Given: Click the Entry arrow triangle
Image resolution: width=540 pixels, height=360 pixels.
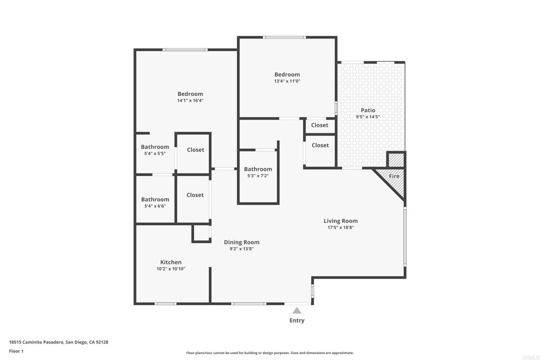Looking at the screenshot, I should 297,311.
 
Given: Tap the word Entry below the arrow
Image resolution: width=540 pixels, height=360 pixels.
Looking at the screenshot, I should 297,320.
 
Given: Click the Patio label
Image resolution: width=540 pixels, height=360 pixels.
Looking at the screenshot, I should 368,110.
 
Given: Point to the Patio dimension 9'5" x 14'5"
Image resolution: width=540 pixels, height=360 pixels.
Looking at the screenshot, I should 368,117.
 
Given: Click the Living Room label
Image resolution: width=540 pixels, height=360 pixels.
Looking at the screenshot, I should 341,221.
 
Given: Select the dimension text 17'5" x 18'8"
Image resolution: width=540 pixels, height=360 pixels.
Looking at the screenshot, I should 341,228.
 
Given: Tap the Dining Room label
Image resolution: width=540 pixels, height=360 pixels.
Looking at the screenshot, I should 242,242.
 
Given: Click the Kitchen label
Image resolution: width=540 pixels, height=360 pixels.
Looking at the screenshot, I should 171,262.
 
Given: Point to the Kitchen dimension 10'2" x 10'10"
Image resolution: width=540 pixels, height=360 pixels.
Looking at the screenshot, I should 171,269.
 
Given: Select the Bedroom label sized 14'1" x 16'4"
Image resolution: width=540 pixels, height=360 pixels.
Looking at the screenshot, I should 190,94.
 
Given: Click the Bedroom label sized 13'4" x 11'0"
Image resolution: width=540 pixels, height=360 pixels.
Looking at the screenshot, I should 287,74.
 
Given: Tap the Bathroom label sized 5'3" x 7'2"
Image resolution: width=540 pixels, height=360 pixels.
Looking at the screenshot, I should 258,169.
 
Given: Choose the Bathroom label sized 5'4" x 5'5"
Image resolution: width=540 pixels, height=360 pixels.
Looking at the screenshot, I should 155,147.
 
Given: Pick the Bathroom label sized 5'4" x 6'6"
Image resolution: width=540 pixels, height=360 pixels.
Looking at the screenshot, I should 155,199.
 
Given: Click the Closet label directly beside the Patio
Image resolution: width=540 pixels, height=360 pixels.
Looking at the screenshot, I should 320,145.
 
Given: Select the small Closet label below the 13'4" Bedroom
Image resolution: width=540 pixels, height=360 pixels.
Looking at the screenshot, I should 320,125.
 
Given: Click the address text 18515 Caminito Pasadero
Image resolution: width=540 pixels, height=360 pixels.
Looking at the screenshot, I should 59,342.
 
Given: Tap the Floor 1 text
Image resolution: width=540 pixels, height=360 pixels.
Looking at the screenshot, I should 16,351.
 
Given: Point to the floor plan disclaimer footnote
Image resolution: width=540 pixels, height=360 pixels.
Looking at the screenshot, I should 269,353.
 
